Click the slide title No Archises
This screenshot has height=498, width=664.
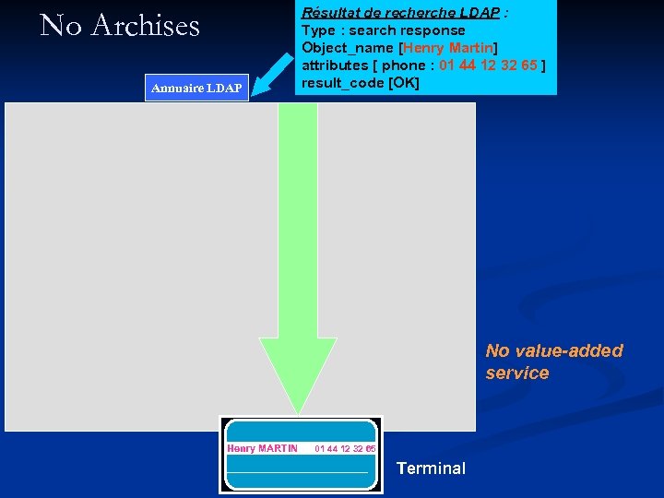(120, 26)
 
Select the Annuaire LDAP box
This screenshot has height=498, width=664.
(196, 88)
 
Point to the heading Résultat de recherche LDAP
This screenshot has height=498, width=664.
(400, 13)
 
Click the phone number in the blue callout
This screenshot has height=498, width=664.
(489, 65)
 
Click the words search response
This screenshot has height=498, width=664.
(407, 30)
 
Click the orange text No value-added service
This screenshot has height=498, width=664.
(554, 362)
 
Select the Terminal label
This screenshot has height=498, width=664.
(431, 468)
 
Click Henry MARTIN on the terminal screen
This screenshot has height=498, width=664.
(263, 449)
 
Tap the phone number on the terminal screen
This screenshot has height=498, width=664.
(345, 449)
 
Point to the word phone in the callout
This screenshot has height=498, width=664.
(403, 65)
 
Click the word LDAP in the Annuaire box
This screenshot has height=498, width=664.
(224, 88)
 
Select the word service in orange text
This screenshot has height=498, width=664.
(517, 373)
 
